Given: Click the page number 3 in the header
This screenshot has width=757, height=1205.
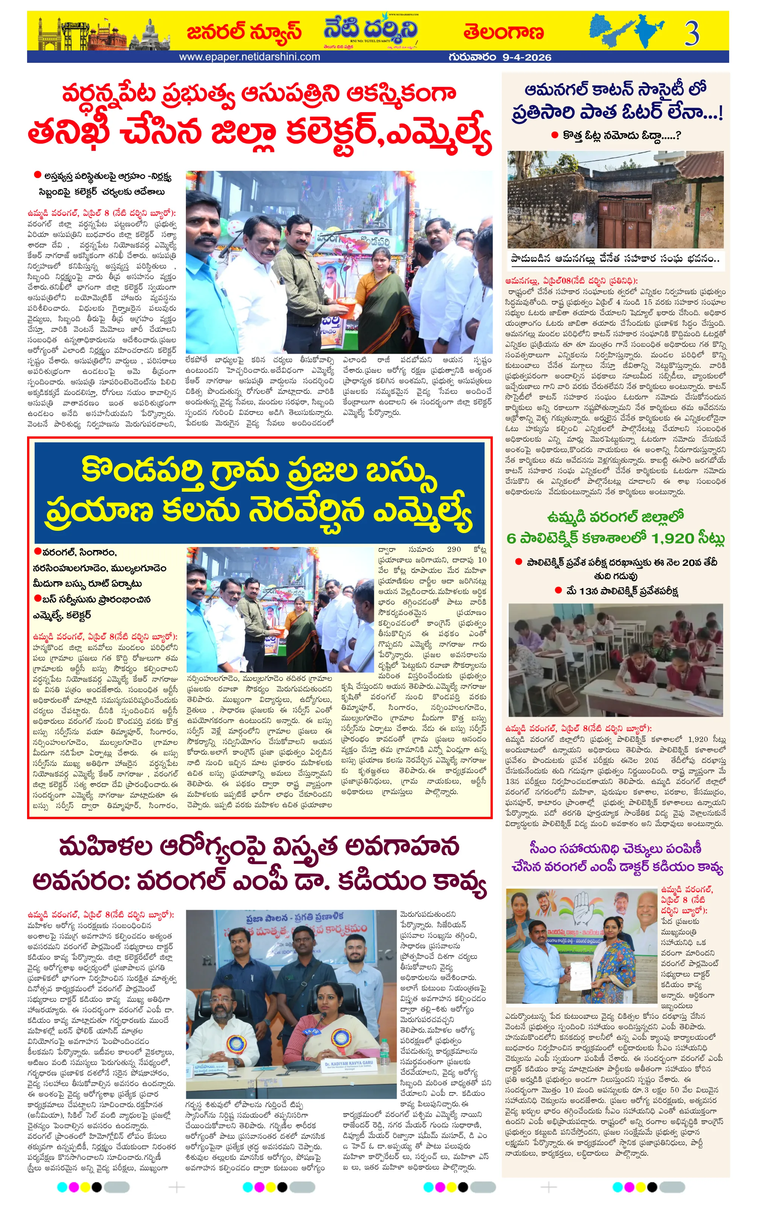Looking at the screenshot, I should coord(692,33).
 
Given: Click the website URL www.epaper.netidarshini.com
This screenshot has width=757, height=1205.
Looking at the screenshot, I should coord(249,57).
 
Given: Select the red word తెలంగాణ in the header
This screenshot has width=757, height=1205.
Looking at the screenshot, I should coord(503,32).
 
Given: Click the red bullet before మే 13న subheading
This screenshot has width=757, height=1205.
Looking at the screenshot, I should coord(558,591).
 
